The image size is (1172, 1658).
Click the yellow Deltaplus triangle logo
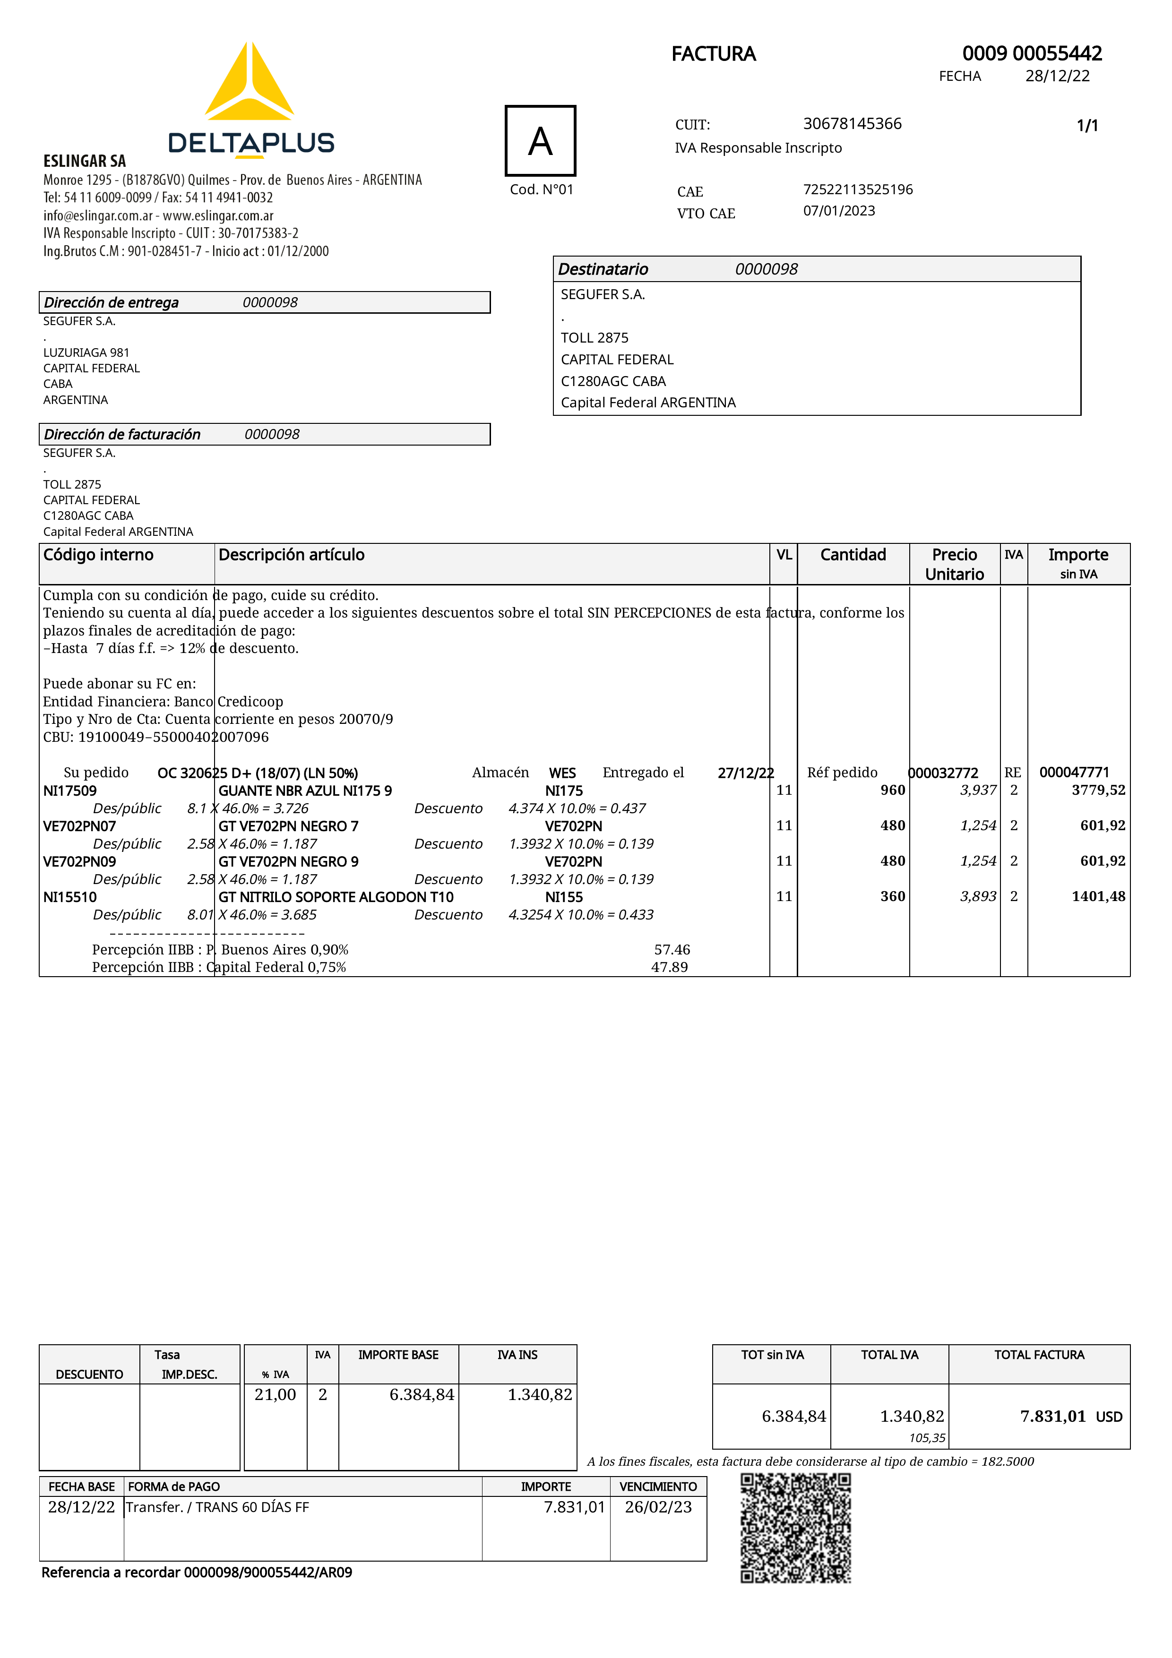pos(249,83)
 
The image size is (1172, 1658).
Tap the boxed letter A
pos(540,141)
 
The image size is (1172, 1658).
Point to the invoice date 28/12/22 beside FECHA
pos(1057,77)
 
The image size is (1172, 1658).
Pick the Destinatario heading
pos(603,269)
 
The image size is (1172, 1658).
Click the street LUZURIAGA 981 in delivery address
pos(86,352)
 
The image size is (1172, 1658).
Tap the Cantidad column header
pos(853,555)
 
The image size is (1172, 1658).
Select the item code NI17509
pos(70,790)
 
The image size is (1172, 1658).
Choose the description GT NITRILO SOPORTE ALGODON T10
pos(336,897)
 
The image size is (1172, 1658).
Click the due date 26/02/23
pos(658,1507)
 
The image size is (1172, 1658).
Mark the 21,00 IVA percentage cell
pos(275,1394)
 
